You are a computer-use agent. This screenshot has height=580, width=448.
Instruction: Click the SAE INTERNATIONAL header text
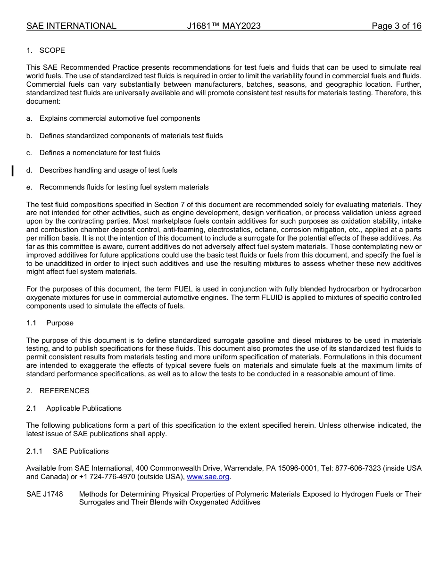[x=71, y=26]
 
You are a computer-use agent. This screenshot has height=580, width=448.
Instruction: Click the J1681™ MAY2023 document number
[x=224, y=26]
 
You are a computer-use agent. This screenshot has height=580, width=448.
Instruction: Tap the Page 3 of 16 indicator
[x=396, y=26]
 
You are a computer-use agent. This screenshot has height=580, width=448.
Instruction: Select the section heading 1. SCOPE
[x=46, y=50]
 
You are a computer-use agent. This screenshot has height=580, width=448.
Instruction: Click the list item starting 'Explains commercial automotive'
[x=120, y=118]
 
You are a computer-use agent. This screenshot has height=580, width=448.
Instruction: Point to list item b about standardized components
[x=131, y=136]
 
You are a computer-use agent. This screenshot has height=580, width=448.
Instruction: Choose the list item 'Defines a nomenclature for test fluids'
[x=100, y=153]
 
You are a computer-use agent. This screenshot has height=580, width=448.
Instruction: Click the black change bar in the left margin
[x=13, y=170]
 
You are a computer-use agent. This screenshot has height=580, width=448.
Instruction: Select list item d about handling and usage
[x=108, y=170]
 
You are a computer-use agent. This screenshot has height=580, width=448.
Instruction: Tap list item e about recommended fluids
[x=124, y=187]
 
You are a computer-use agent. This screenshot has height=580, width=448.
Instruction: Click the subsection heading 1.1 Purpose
[x=50, y=323]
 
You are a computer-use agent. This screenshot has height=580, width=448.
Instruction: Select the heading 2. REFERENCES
[x=58, y=391]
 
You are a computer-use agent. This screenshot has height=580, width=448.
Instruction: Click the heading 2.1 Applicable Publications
[x=74, y=408]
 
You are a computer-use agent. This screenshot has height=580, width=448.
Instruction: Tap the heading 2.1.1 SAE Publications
[x=67, y=451]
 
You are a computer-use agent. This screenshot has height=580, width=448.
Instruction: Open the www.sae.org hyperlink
[x=208, y=477]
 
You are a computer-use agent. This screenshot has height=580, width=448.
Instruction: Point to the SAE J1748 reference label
[x=45, y=494]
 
